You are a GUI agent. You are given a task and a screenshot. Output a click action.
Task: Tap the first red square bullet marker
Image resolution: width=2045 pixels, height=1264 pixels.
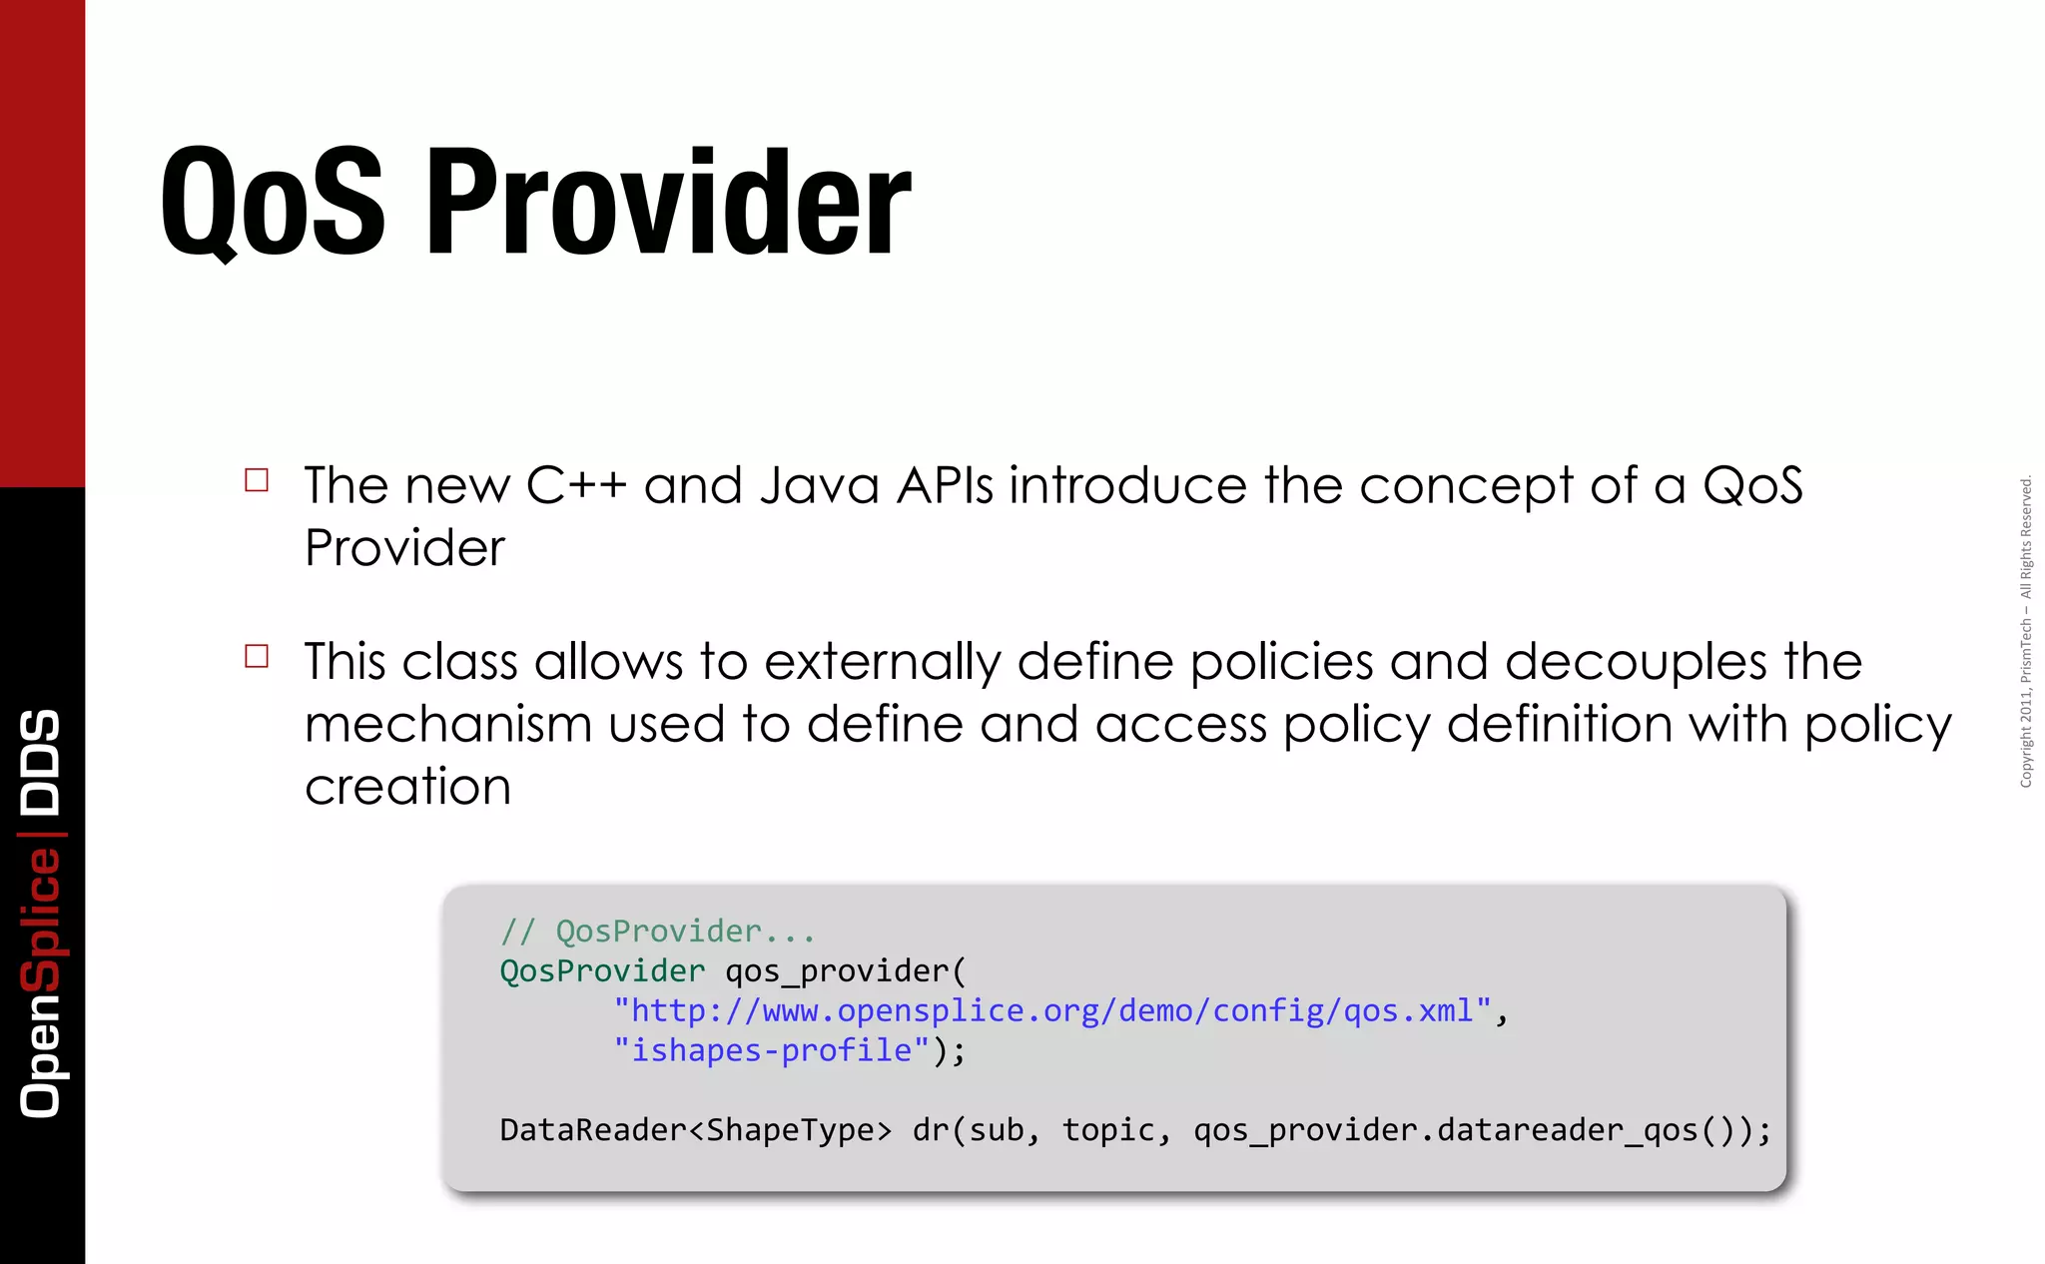point(257,480)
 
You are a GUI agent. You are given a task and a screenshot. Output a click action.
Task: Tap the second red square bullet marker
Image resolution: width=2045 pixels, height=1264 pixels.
point(257,656)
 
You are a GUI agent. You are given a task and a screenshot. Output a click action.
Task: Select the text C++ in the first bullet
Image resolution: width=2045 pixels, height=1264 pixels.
point(576,486)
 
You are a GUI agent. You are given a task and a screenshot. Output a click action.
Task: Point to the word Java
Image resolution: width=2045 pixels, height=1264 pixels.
point(819,486)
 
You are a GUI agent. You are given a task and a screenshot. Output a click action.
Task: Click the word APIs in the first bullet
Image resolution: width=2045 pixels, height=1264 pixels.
point(945,486)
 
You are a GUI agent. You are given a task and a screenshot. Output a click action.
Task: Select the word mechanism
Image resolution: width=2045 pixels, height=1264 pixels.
point(447,724)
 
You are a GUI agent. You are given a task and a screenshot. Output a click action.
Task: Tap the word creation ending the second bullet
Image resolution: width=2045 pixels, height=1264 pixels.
point(407,787)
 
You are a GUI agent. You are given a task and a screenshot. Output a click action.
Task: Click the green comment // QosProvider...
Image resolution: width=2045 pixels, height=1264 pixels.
point(657,932)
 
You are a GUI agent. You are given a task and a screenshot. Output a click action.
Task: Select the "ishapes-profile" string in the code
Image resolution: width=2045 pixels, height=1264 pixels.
point(772,1050)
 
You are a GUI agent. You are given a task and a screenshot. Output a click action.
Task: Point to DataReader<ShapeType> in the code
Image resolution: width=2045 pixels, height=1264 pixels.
point(695,1130)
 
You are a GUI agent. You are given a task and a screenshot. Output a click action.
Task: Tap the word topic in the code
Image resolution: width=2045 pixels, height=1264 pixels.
point(1106,1130)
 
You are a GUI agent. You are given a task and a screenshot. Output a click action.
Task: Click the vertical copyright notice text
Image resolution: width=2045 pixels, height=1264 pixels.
point(2026,632)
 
